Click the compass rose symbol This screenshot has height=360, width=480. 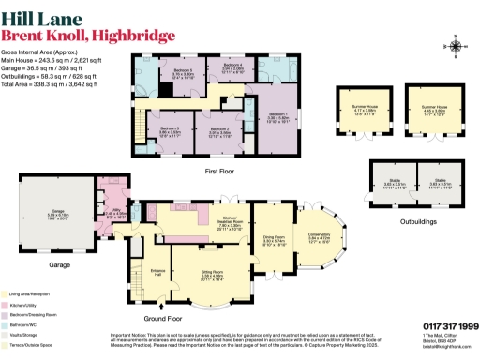456,47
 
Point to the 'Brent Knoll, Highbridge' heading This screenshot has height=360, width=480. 88,35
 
